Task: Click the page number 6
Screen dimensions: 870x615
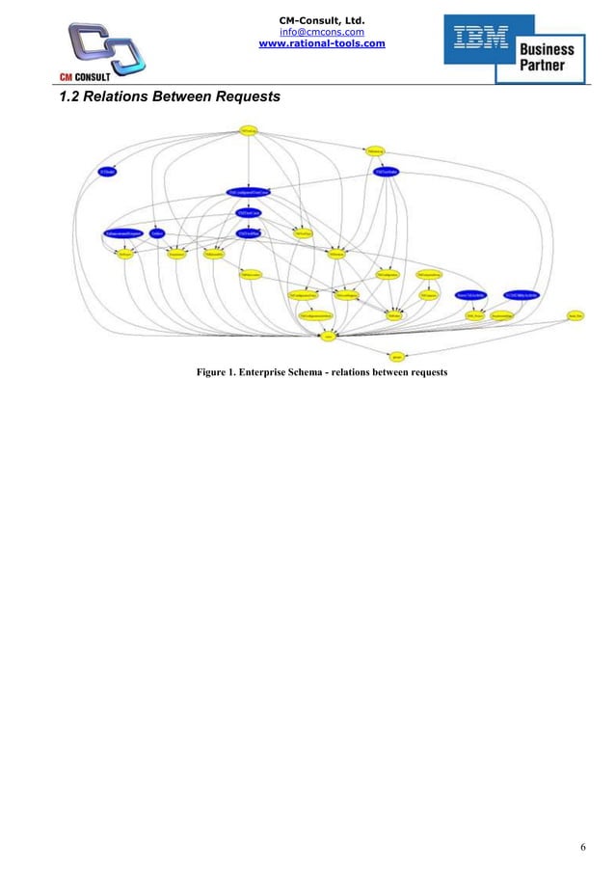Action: coord(582,847)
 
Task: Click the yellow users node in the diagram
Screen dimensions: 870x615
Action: coord(329,337)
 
